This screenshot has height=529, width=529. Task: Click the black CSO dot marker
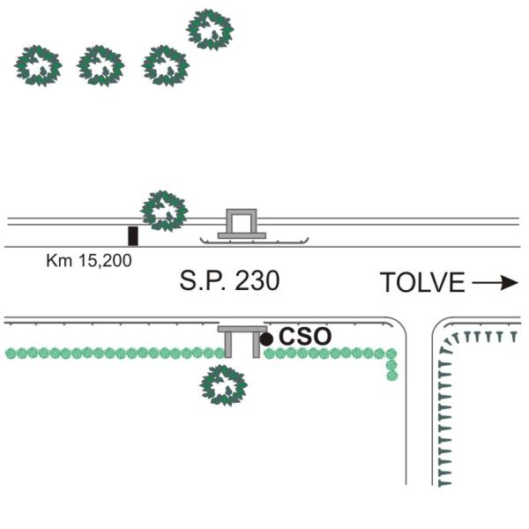[x=266, y=339]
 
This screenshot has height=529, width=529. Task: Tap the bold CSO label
[x=305, y=337]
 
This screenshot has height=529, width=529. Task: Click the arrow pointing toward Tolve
[x=495, y=282]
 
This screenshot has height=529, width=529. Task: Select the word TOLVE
[x=422, y=282]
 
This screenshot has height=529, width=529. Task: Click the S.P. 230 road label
[x=229, y=280]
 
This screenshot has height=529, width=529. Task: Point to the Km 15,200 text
[x=89, y=261]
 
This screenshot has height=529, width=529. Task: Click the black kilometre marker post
[x=133, y=235]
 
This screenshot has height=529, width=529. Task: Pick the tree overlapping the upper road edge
[x=164, y=212]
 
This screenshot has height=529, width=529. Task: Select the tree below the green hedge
[x=223, y=385]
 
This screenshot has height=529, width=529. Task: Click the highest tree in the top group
[x=210, y=30]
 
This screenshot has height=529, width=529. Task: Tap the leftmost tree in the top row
[x=38, y=66]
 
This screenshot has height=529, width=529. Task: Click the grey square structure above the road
[x=242, y=221]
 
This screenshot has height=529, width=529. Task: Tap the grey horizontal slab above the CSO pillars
[x=242, y=329]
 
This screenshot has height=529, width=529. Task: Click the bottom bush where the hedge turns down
[x=392, y=376]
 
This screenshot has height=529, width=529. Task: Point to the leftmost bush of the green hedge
[x=11, y=354]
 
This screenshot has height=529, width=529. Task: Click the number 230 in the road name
[x=257, y=280]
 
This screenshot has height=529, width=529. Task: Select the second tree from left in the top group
[x=101, y=66]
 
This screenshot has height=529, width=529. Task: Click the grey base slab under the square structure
[x=242, y=235]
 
